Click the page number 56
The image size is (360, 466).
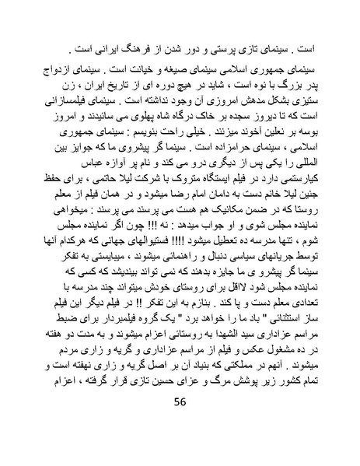coord(180,422)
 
